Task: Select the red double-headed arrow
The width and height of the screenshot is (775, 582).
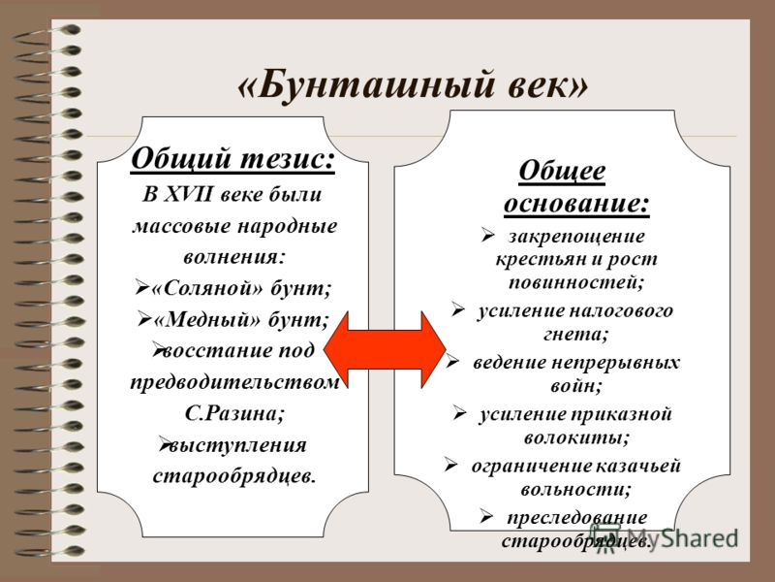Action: pos(385,349)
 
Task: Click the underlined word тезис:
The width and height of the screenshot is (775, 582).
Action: pos(288,159)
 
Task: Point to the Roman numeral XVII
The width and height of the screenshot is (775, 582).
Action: pos(187,194)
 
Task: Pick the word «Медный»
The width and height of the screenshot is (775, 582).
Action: pos(206,320)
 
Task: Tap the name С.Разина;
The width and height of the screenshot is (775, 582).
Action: pos(235,413)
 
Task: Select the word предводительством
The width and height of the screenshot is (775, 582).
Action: pos(234,382)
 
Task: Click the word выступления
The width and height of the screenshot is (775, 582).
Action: pos(237,445)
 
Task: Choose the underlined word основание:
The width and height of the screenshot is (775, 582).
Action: pos(576,203)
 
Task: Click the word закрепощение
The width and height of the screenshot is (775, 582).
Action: pos(576,237)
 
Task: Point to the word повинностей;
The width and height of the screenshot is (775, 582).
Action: pos(576,282)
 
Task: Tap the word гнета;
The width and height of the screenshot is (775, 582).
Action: pos(575,335)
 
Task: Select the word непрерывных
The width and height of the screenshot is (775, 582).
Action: pos(615,363)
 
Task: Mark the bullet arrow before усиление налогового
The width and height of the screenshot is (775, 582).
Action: pos(457,309)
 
